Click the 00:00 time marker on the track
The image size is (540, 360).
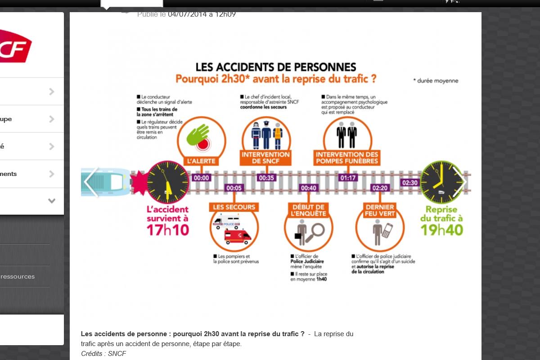pos(201,178)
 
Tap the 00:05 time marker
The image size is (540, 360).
pos(234,188)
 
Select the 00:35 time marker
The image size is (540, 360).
pos(266,178)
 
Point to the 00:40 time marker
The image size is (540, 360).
pos(309,188)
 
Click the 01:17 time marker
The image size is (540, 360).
pos(348,178)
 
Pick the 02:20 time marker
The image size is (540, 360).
pos(380,188)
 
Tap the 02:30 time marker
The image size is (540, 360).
pos(409,183)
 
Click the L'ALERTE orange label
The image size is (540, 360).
pos(201,161)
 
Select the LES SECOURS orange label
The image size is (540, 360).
pos(234,207)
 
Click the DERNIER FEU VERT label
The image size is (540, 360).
pos(380,210)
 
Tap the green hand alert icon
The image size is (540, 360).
pos(198,135)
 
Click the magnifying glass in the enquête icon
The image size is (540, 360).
pos(317,230)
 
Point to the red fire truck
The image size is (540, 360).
pos(238,236)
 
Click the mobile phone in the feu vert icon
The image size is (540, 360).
pos(387,230)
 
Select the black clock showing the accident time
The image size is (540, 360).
pos(168,182)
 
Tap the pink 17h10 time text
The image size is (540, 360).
pos(168,230)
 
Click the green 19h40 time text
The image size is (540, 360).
pos(441,230)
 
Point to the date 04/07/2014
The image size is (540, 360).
pos(187,14)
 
